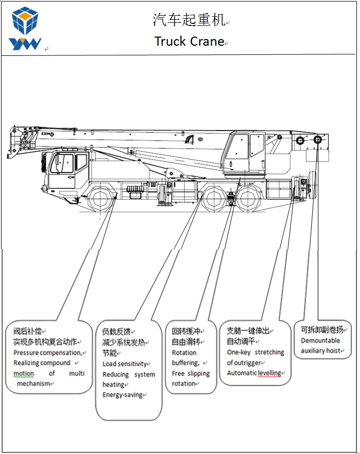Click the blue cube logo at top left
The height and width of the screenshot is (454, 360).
(24, 21)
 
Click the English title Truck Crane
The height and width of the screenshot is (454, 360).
(189, 41)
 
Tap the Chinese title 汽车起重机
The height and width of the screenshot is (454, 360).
(189, 20)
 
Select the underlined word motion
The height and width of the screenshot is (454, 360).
(23, 374)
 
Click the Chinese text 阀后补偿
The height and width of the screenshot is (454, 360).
(27, 332)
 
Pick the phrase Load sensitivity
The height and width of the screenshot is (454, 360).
(124, 364)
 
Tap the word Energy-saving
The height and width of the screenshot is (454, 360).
(123, 395)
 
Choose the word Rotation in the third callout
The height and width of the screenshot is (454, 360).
(184, 352)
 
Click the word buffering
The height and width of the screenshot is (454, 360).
(185, 363)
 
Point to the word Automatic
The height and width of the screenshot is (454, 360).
(242, 373)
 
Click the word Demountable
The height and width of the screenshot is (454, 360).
(320, 341)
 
